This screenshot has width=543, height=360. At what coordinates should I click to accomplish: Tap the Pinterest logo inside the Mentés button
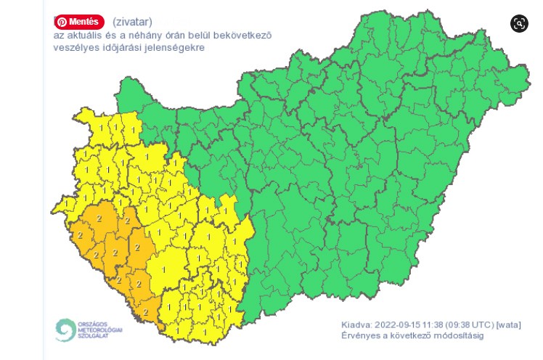click(62, 22)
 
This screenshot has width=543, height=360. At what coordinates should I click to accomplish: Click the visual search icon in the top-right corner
click(520, 23)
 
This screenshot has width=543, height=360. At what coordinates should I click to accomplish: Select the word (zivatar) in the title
click(132, 22)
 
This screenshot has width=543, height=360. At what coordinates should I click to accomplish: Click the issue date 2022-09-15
click(400, 324)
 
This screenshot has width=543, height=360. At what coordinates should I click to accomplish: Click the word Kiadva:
click(356, 324)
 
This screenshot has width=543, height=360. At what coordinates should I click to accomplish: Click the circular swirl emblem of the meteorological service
click(65, 330)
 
